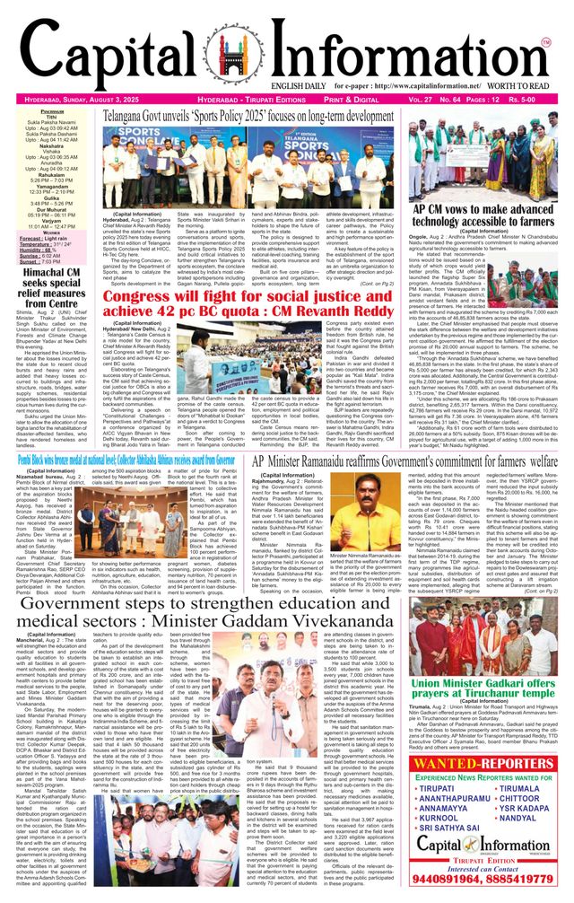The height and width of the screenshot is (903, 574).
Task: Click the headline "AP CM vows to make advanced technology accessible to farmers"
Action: pyautogui.click(x=483, y=215)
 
